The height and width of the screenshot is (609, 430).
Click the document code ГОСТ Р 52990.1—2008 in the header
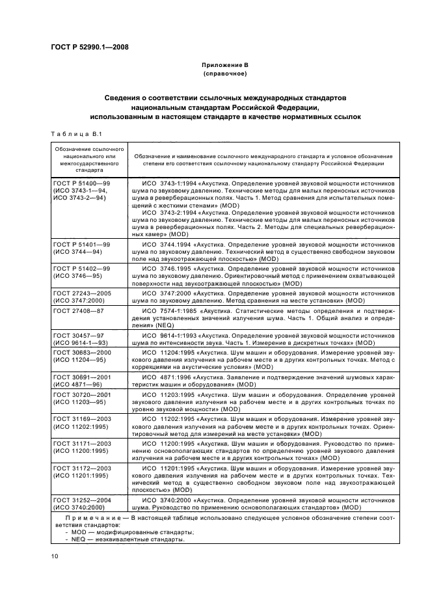[85, 48]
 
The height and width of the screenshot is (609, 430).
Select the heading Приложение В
[224, 66]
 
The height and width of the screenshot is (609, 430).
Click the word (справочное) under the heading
[224, 74]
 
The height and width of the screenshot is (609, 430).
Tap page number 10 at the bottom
[55, 556]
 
